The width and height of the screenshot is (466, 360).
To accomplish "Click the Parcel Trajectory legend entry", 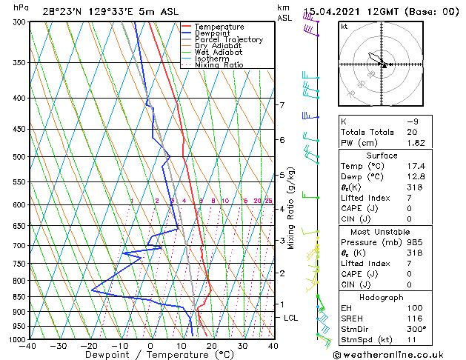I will click(x=228, y=40).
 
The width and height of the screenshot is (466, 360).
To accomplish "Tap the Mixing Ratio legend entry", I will click(x=219, y=65).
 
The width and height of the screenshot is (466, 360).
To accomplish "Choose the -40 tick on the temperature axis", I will click(x=28, y=345).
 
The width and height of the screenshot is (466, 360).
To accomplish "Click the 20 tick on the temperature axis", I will click(x=211, y=345).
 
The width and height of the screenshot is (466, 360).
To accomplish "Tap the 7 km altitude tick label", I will click(x=282, y=105).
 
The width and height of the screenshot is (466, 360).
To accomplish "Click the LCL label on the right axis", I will click(x=291, y=318).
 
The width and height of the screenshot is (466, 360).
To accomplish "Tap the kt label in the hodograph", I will click(x=344, y=27).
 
